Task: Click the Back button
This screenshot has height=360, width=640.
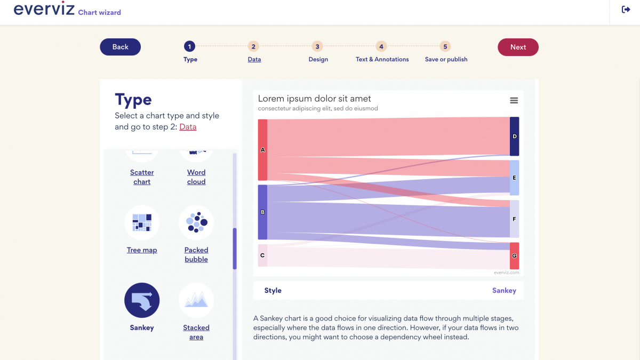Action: [120, 47]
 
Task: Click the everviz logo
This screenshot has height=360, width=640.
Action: [44, 10]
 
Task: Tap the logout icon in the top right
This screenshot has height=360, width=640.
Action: [626, 10]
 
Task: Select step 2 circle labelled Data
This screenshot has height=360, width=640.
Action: [254, 47]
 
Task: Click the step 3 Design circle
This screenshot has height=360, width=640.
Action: [317, 47]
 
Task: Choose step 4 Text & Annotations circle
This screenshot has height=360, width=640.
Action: [381, 47]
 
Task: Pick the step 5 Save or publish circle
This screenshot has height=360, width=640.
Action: [445, 47]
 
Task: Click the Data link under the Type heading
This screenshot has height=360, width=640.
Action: [188, 127]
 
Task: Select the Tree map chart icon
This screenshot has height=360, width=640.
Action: [142, 222]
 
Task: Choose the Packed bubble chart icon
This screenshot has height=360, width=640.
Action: [196, 222]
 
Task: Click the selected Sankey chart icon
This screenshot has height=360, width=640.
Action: [142, 300]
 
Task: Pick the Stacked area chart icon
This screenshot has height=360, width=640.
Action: [196, 300]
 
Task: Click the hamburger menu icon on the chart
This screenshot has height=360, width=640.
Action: [514, 101]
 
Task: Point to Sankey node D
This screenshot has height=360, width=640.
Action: [514, 137]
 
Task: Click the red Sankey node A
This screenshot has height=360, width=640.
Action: [262, 150]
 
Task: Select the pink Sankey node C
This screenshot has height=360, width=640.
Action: [262, 255]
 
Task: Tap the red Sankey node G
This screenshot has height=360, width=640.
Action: [514, 256]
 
